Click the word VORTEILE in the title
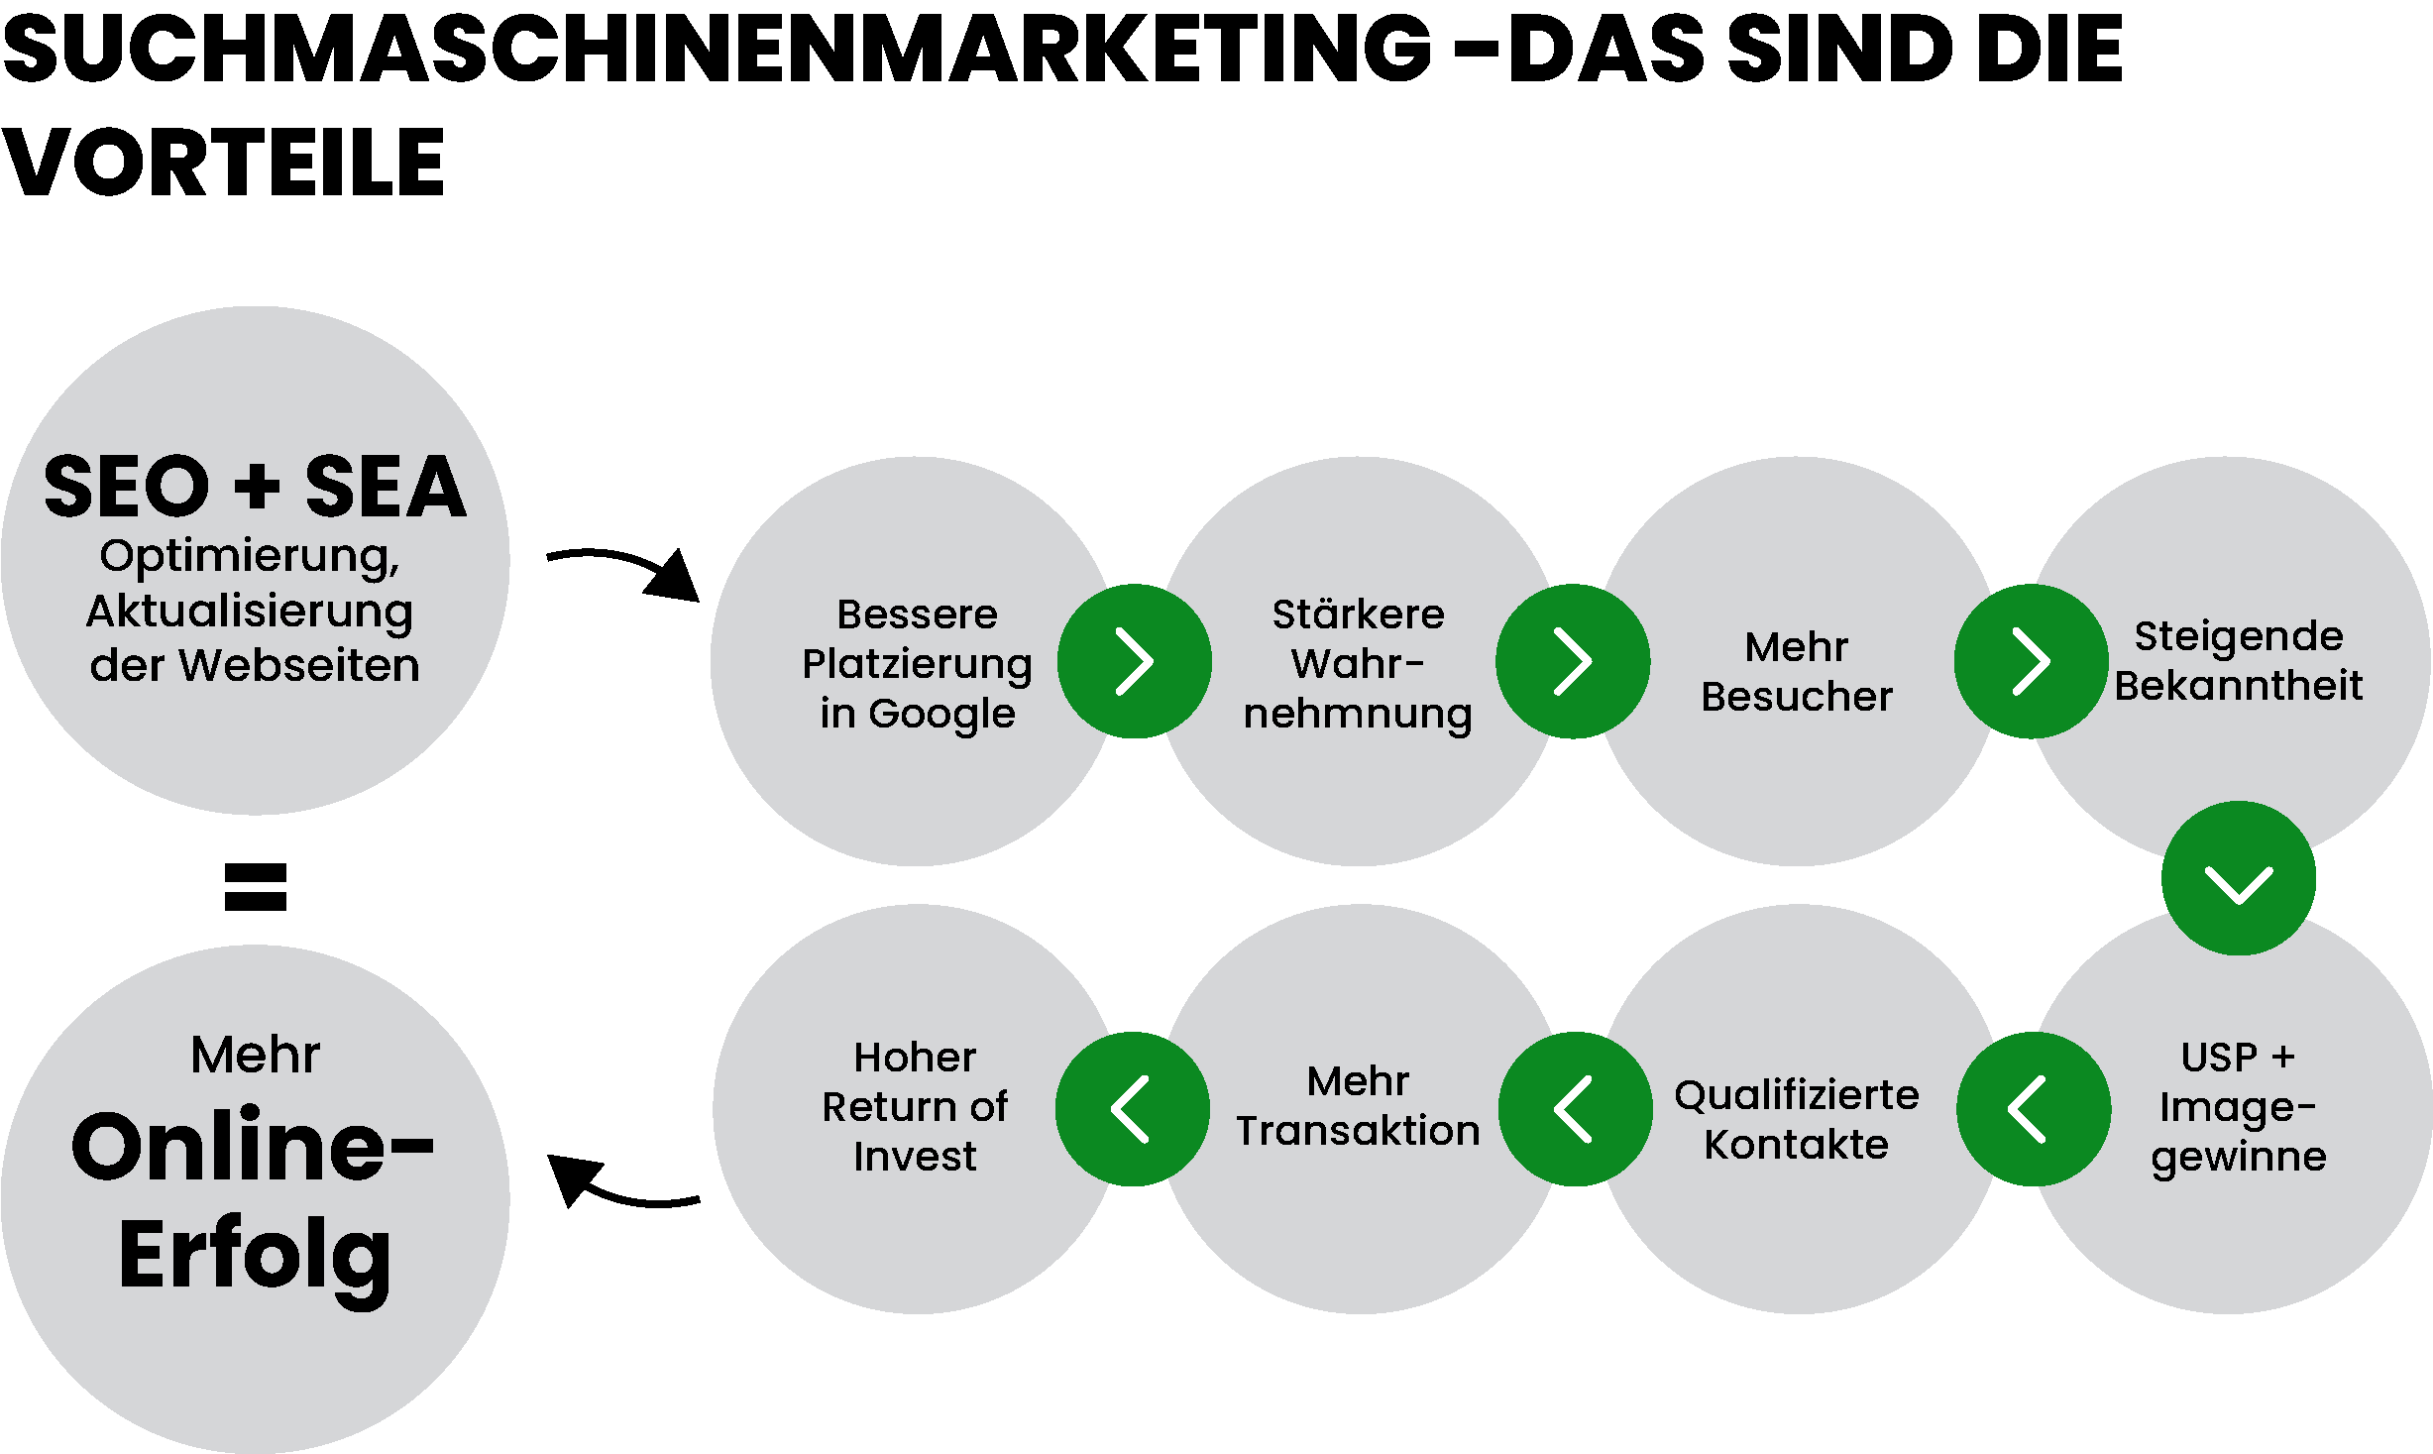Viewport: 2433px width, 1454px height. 223,163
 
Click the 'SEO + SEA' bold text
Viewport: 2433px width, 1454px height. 255,487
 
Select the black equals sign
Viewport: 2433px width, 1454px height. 256,886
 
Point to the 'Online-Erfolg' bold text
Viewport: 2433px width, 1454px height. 254,1200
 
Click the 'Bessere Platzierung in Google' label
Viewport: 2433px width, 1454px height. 917,663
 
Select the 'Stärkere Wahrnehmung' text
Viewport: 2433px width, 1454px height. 1358,663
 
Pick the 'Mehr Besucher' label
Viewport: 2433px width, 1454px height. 1796,671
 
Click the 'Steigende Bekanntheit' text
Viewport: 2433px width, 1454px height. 2238,660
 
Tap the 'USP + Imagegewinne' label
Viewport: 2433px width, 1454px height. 2238,1106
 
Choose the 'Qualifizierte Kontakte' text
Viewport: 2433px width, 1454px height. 1796,1119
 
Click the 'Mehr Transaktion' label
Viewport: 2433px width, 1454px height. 1358,1105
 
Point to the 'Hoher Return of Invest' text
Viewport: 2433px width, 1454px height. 915,1106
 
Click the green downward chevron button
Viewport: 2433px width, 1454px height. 2239,879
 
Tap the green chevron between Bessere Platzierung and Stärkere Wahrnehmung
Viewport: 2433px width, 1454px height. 1135,661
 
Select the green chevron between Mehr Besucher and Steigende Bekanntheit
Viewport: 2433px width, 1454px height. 2031,661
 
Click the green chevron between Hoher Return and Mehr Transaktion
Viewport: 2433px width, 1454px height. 1132,1109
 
